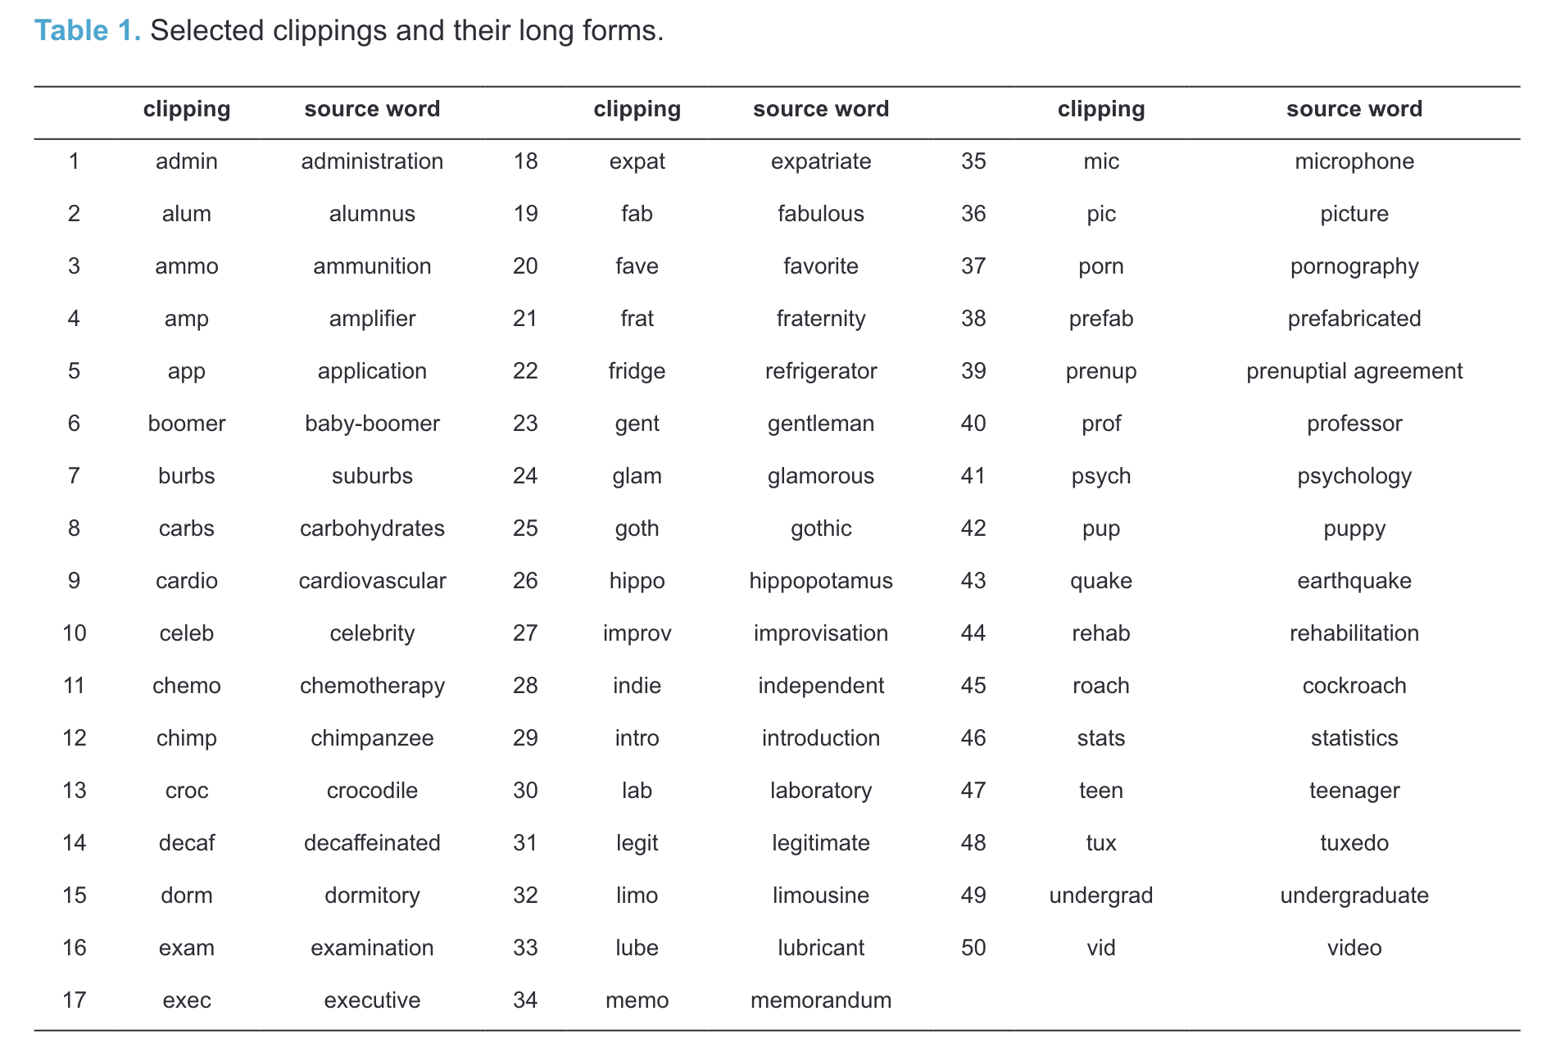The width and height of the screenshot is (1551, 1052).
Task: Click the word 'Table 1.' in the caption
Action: (x=88, y=31)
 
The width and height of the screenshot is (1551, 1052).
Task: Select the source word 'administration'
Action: (x=372, y=161)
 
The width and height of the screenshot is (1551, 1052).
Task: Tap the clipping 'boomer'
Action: (x=187, y=424)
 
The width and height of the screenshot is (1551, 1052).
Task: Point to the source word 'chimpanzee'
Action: (x=372, y=738)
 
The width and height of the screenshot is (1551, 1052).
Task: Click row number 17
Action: (x=75, y=1000)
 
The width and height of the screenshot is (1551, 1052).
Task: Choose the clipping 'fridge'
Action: (x=637, y=371)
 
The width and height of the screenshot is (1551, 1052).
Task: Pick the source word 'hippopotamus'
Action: (x=821, y=581)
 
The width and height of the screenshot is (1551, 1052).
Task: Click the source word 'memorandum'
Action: (x=821, y=1000)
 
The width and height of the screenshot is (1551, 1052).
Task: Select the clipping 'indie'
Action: (x=637, y=686)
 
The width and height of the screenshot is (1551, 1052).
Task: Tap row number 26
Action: (x=525, y=581)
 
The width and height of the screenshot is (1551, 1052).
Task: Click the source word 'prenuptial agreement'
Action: (x=1354, y=371)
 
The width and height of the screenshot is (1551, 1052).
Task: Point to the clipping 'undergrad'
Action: (x=1100, y=896)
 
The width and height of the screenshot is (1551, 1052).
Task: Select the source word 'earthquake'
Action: (x=1354, y=581)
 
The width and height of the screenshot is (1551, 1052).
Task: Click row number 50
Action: (x=973, y=948)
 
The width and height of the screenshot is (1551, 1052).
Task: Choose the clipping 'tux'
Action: (x=1100, y=843)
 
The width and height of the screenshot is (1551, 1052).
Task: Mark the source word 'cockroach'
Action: (x=1354, y=686)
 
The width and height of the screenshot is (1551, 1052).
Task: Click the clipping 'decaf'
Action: (x=187, y=843)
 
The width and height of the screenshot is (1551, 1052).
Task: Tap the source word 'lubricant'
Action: (x=821, y=948)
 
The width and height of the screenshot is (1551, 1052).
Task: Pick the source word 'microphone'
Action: (x=1354, y=161)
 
